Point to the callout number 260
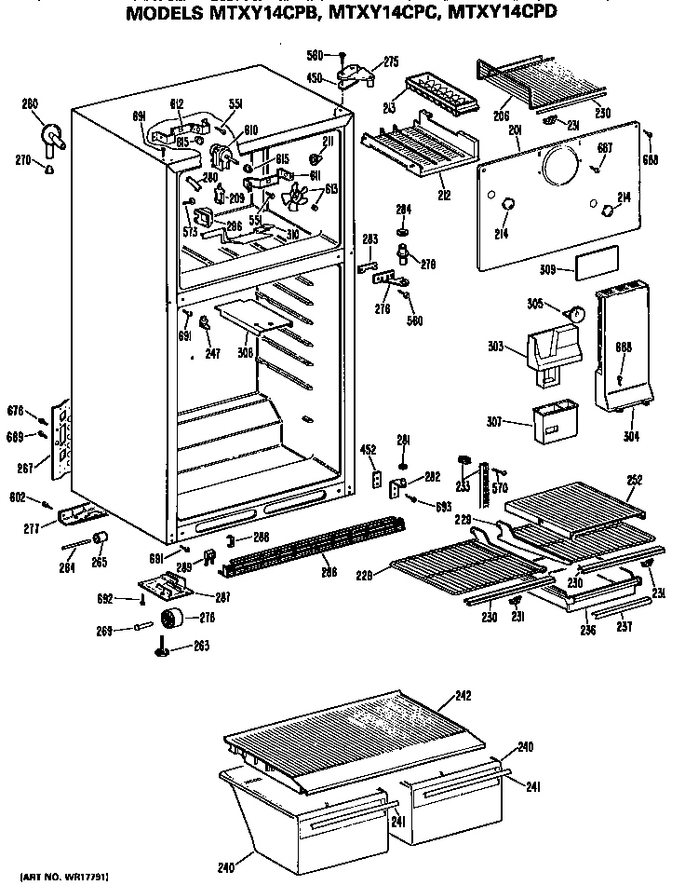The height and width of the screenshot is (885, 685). point(30,104)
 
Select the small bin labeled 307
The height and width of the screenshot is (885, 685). point(550,424)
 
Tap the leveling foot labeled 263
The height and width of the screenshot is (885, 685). point(162,648)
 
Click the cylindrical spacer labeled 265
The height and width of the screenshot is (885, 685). point(101,541)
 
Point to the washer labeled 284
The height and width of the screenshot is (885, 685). point(403,231)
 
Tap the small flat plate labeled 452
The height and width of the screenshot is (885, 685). point(377,478)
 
